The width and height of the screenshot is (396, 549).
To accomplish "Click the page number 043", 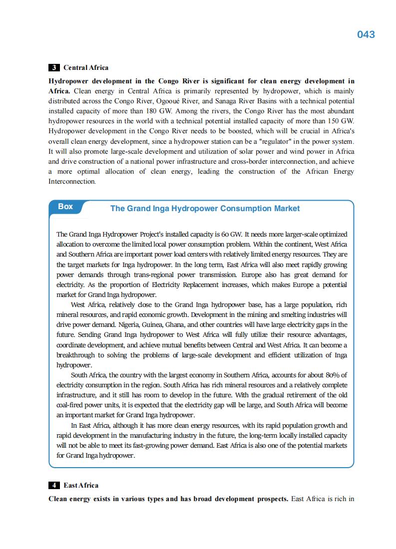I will [x=366, y=34].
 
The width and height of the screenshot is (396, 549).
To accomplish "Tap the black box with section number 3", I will [x=54, y=68].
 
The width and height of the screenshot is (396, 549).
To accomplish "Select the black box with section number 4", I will [x=54, y=485].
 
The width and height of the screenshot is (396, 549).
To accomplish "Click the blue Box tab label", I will [x=65, y=207].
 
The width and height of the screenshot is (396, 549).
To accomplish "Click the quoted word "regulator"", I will [x=278, y=141].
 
